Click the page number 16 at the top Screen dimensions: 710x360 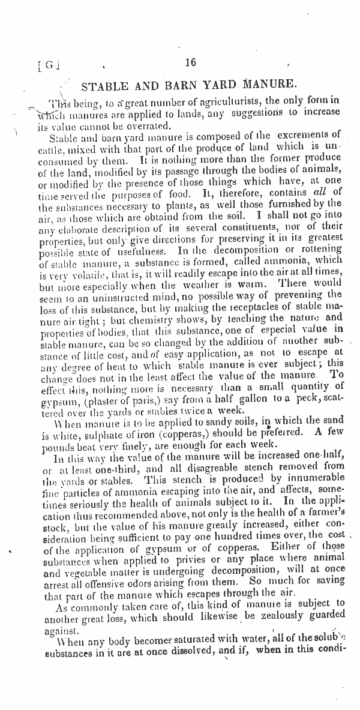click(x=191, y=62)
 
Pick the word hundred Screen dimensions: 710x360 click(x=247, y=525)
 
